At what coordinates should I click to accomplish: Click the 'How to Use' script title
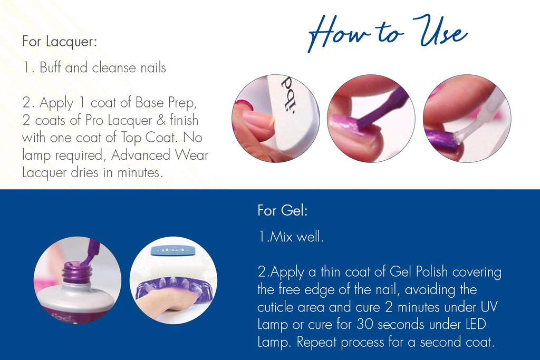tap(388, 33)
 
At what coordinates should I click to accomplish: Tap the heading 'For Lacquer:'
tap(60, 41)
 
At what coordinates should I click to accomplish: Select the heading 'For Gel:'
tap(283, 210)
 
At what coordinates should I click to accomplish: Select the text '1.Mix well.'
tap(291, 237)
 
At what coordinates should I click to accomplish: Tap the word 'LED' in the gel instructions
tap(476, 325)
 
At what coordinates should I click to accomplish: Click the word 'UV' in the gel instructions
tap(489, 307)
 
